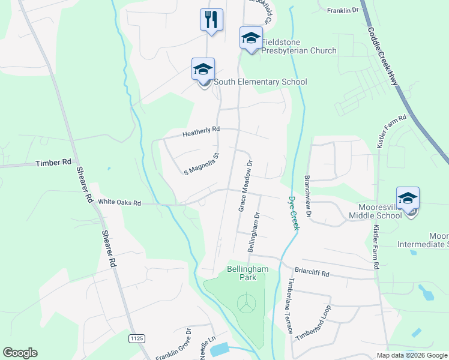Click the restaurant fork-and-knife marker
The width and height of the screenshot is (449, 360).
[211, 19]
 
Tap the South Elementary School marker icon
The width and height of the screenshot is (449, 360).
[203, 69]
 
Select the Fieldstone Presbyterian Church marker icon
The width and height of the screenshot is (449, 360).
[250, 38]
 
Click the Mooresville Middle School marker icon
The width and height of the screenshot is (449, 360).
[408, 199]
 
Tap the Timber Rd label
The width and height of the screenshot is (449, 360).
[53, 163]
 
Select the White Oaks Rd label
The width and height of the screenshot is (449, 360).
[119, 203]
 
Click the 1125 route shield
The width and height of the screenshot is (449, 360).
[137, 339]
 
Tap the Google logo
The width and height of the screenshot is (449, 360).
[20, 353]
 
